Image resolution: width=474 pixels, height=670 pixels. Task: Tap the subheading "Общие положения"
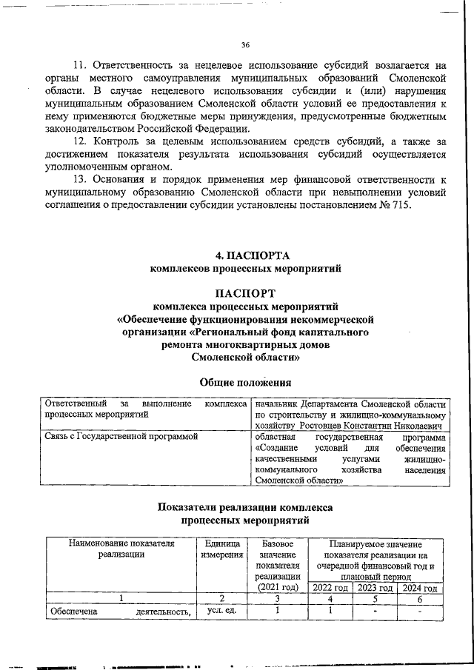245,383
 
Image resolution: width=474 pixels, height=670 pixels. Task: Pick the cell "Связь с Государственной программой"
121,438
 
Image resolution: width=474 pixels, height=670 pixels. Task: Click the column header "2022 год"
330,587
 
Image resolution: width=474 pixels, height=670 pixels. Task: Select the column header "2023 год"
375,587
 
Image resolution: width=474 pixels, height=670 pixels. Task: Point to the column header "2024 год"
419,587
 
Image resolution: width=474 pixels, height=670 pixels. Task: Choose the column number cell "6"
419,599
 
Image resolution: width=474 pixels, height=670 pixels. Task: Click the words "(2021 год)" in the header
277,587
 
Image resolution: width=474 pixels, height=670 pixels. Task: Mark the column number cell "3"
277,599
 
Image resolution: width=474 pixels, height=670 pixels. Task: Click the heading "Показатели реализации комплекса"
245,508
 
